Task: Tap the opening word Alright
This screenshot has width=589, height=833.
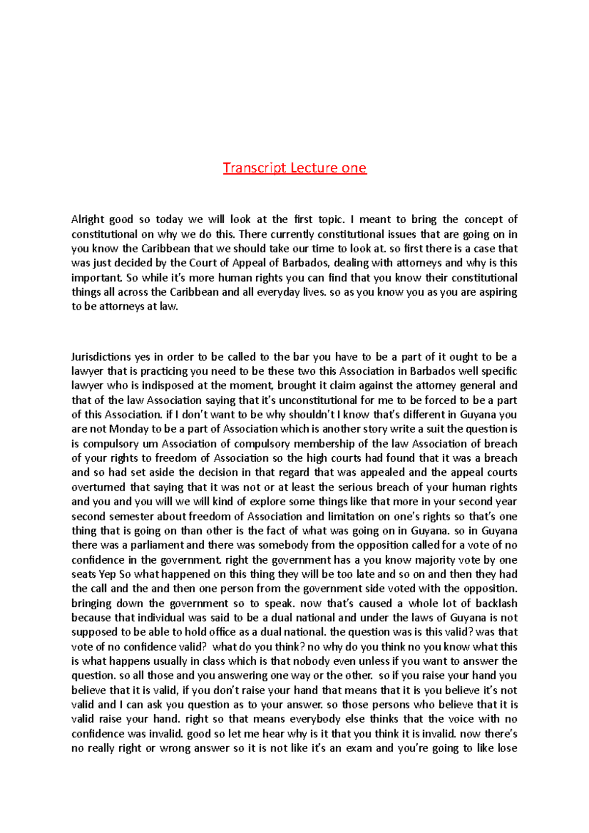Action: [87, 219]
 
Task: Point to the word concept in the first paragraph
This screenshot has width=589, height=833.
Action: [483, 219]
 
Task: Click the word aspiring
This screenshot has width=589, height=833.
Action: [497, 292]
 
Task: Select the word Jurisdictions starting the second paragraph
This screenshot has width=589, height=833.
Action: [101, 357]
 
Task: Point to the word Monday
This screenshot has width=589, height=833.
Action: [129, 429]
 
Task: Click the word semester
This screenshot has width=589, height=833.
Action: [131, 517]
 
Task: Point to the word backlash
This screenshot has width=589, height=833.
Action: [496, 603]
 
